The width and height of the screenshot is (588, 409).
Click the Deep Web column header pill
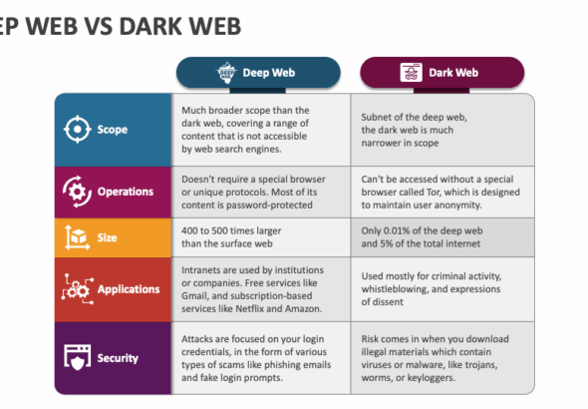[258, 73]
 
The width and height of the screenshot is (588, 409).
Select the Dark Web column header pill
[442, 73]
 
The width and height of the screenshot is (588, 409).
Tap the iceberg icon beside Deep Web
[226, 73]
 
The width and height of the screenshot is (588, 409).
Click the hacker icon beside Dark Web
[411, 73]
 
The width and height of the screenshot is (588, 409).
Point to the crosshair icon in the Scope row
[78, 129]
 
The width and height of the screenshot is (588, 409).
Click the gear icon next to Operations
[78, 192]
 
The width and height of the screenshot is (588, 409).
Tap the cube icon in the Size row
[78, 237]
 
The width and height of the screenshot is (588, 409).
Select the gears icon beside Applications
[78, 289]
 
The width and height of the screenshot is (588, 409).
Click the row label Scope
[113, 130]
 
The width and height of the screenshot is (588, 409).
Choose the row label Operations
[126, 192]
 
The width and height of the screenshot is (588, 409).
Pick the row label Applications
[129, 289]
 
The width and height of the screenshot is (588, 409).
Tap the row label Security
[118, 358]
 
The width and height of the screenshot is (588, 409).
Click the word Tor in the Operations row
[433, 193]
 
